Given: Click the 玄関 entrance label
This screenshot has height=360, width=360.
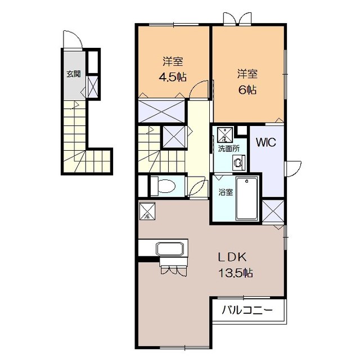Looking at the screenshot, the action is [74, 74].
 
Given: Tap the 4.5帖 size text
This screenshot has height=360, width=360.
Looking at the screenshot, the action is [173, 78].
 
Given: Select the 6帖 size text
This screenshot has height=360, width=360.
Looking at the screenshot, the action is [247, 90].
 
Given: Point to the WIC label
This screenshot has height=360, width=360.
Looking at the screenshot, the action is [266, 142].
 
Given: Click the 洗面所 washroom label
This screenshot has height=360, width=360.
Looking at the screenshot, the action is [228, 148].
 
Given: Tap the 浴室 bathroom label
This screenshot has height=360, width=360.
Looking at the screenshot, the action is [226, 192].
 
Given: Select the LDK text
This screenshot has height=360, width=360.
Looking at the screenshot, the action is [232, 257].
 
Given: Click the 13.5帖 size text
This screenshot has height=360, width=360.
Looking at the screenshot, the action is [236, 273].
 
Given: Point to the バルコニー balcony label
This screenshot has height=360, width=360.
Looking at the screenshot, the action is [247, 310].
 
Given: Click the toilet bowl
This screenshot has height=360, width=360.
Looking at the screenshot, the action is [166, 185].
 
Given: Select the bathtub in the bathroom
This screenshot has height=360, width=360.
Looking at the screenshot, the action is [247, 199].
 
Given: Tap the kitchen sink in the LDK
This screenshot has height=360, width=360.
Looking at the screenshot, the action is [170, 248].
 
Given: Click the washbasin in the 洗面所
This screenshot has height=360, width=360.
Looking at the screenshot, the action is [238, 163].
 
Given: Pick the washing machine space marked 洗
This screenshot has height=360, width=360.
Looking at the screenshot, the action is [224, 134].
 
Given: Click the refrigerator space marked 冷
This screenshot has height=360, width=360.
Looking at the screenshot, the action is [147, 211].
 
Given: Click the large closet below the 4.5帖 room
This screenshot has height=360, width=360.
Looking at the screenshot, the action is [162, 111].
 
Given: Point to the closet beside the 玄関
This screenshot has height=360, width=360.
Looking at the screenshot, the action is [93, 87].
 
